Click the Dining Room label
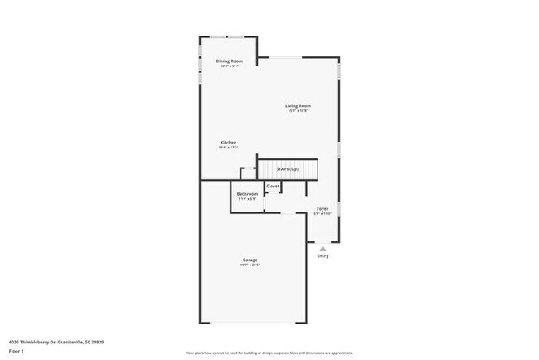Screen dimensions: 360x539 coord(229,61)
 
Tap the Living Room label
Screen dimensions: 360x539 coord(298,105)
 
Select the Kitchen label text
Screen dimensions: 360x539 coord(228,143)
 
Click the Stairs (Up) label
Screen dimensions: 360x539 coord(288,169)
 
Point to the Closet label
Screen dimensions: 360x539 coord(273,187)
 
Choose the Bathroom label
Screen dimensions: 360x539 coord(247,194)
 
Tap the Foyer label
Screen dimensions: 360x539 coord(323,208)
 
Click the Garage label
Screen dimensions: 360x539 coord(250,260)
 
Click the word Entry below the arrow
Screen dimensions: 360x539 coord(323,255)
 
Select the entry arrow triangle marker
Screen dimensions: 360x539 coord(323,247)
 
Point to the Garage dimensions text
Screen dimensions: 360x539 coord(250,265)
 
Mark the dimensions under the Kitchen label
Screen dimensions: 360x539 coord(228,148)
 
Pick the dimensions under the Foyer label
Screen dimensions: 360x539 coord(323,213)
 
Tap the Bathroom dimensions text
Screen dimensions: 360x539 coord(247,199)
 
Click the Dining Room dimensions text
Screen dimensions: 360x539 coord(229,66)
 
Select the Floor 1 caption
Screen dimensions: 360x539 coord(17,351)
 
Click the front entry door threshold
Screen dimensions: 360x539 coord(323,242)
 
